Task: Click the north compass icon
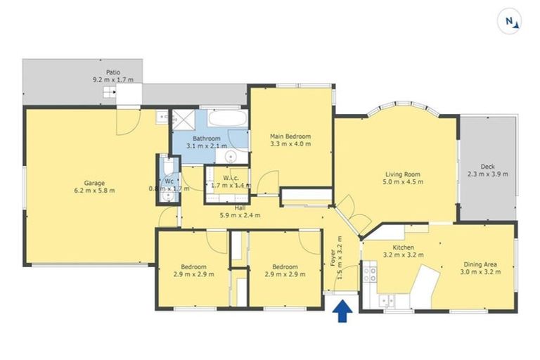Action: coord(509,22)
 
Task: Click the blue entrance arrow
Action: coord(342,310)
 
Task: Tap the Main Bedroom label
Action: coord(290,136)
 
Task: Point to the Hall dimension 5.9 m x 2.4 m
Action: coord(240,215)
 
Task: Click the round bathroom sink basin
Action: coord(231,156)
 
